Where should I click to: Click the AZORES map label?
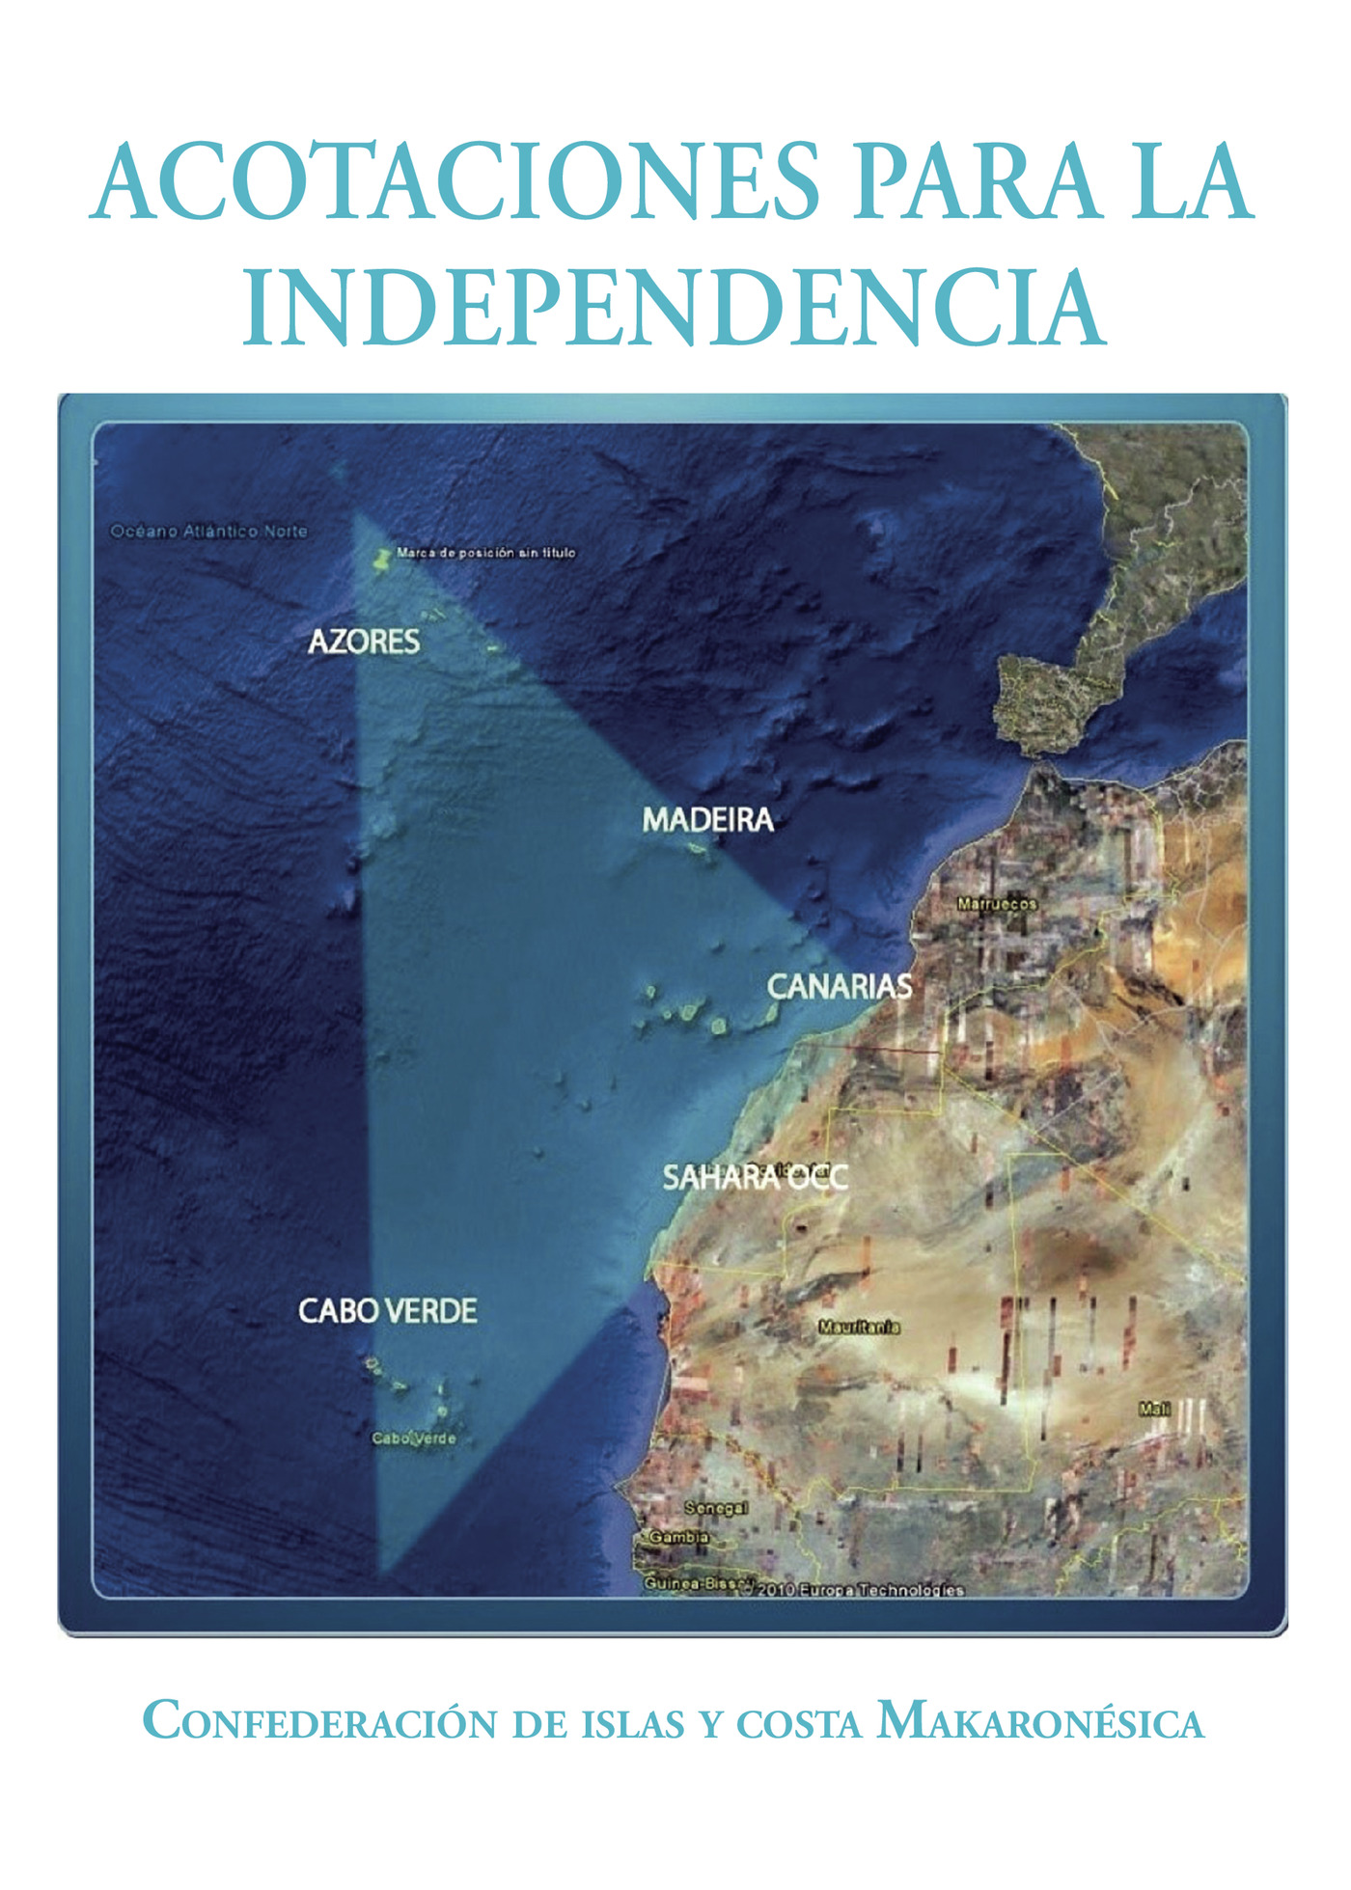(x=364, y=642)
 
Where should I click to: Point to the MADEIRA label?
(x=708, y=820)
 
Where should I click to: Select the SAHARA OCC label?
(x=755, y=1177)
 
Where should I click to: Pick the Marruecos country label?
(x=997, y=904)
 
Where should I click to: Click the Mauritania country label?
(x=859, y=1328)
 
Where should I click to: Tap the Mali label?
(x=1154, y=1410)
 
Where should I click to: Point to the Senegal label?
(x=716, y=1508)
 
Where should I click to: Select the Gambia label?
(x=679, y=1537)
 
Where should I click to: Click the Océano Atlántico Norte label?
(x=208, y=531)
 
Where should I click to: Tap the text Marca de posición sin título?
(x=486, y=553)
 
